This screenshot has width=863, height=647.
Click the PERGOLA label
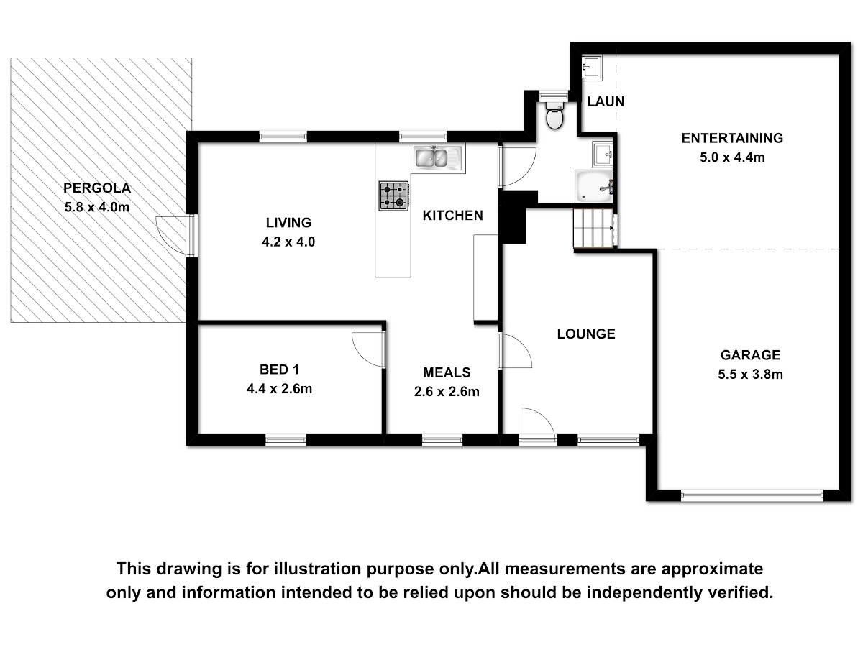click(x=97, y=188)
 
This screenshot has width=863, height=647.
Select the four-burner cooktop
click(x=393, y=196)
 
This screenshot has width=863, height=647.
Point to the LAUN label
click(x=606, y=102)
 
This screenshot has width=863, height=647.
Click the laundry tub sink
click(x=591, y=68)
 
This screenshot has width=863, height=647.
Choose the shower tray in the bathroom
click(x=594, y=187)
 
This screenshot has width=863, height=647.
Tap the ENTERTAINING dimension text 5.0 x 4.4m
click(x=732, y=157)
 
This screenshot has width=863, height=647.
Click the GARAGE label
click(x=750, y=355)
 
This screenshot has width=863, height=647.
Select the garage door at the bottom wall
click(x=752, y=495)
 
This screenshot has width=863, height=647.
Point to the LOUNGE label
click(x=586, y=334)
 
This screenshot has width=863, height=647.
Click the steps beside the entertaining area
click(x=593, y=228)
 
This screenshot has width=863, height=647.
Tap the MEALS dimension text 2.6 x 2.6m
click(x=447, y=392)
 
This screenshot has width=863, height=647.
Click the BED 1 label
click(x=279, y=370)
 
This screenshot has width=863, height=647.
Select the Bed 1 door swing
click(x=368, y=349)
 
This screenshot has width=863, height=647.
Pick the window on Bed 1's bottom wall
click(x=286, y=440)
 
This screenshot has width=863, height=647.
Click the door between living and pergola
click(x=176, y=235)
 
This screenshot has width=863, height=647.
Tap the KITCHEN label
click(x=452, y=215)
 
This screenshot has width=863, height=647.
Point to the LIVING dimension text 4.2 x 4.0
click(x=288, y=242)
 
